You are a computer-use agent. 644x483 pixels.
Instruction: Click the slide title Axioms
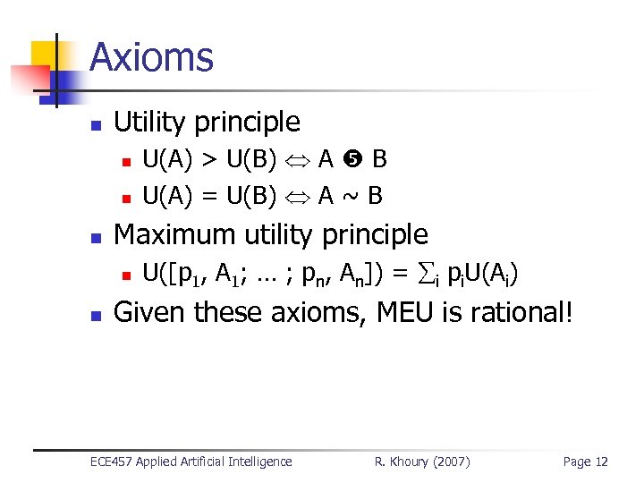151,58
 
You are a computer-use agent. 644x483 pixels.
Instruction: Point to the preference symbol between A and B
353,161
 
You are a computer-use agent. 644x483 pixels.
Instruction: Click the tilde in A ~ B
353,194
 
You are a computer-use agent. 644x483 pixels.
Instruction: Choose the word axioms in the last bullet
310,312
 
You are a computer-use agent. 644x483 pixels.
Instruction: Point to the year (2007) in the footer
453,462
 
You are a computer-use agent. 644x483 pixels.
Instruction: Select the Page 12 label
585,462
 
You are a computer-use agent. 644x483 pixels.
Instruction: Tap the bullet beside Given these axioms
97,315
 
